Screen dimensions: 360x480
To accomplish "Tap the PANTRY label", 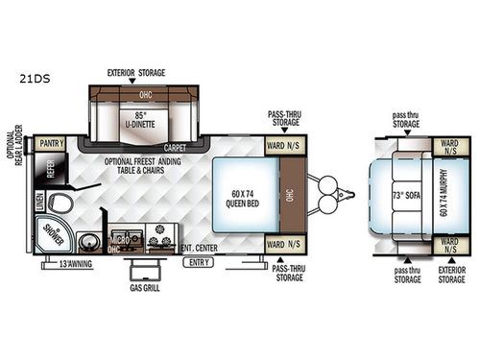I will pyautogui.click(x=52, y=144).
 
